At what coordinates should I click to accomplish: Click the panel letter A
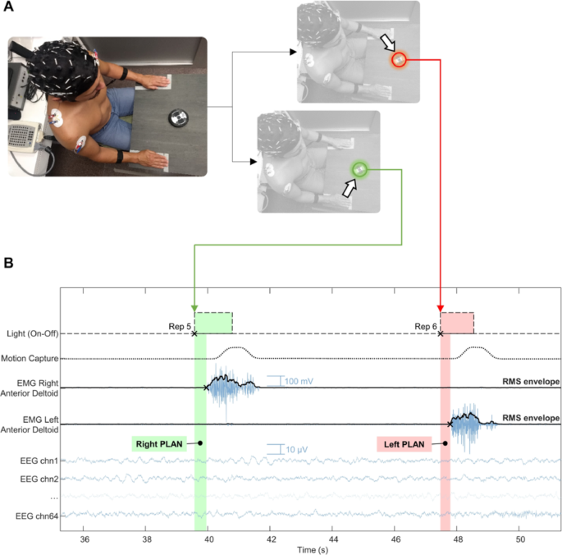coord(8,6)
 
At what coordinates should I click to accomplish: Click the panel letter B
coord(8,263)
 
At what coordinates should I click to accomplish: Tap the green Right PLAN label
coord(159,444)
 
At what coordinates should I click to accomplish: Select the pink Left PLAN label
coord(404,444)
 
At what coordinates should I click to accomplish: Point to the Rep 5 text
coord(180,327)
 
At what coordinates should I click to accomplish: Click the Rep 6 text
coord(426,327)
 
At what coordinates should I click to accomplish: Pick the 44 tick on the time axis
coord(333,539)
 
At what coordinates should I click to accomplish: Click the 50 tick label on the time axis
coord(520,539)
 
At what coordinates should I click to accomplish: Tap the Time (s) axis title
coord(313,550)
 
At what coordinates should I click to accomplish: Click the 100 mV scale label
coord(299,381)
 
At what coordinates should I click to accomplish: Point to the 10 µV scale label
coord(297,450)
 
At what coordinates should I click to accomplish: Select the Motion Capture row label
coord(30,359)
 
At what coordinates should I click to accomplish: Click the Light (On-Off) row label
coord(33,333)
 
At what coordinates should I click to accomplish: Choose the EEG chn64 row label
coord(37,516)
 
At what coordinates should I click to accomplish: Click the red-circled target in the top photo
coord(399,60)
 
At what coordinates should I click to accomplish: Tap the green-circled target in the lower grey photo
coord(359,169)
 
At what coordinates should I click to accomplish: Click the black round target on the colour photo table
coord(179,117)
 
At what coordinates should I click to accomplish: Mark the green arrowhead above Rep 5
coord(194,309)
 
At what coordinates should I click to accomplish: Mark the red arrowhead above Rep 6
coord(441,309)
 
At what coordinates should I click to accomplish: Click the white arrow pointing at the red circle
coord(387,43)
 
